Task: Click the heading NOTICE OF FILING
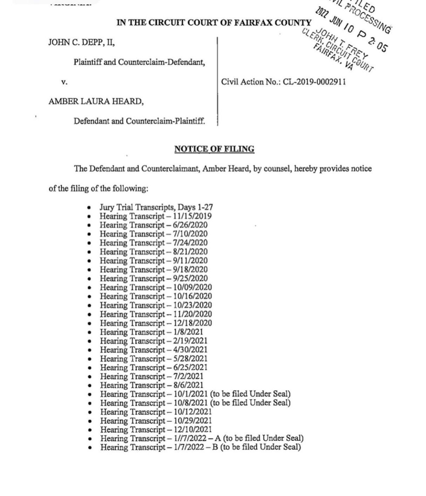(214, 149)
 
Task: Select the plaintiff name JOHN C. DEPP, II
(81, 43)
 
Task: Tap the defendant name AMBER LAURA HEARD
(96, 102)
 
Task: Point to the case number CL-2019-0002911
(314, 82)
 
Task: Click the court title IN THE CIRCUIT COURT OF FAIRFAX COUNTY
(214, 23)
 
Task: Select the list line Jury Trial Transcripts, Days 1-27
(156, 207)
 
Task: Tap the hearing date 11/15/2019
(190, 216)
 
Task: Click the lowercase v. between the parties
(64, 82)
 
